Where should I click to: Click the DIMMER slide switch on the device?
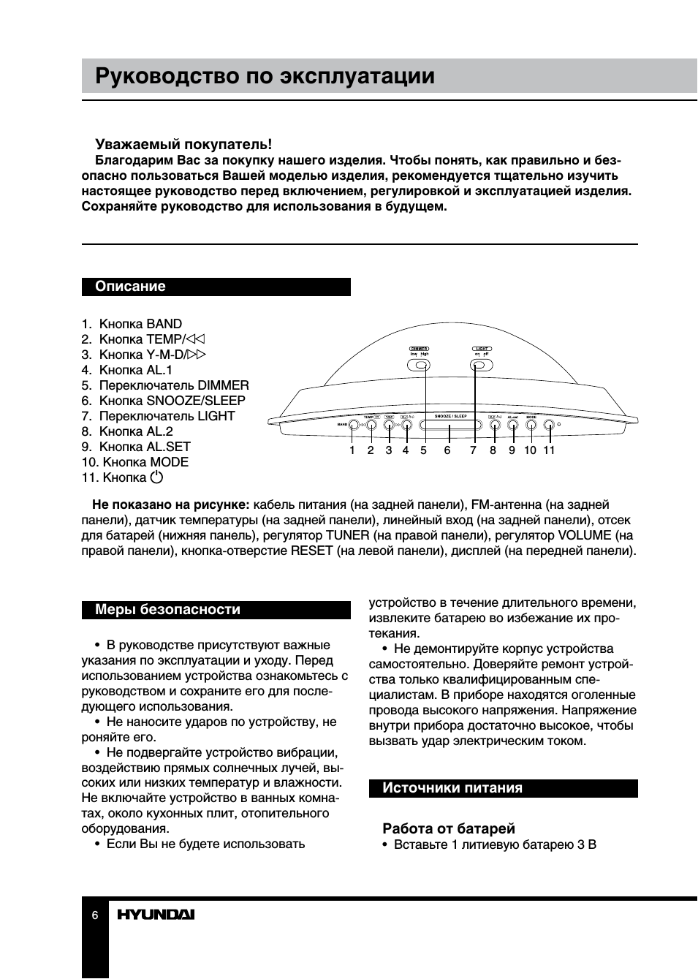coord(419,365)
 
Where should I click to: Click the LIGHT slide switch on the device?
coord(481,365)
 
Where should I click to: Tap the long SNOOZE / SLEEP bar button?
coord(450,425)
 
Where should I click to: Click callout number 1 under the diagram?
coord(352,450)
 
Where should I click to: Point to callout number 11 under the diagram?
coord(549,450)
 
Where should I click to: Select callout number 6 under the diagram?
coord(447,450)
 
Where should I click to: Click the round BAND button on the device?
coord(353,425)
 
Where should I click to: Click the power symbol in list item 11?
coord(156,477)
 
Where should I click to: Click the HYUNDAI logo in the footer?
coord(156,915)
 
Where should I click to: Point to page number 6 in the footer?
coord(95,915)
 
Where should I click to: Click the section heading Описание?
coord(130,287)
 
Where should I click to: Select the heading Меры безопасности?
coord(167,610)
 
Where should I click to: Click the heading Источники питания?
coord(452,788)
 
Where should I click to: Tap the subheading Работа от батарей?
coord(449,828)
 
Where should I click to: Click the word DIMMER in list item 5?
coord(223,385)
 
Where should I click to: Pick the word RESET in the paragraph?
coord(312,551)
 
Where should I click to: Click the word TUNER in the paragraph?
coord(348,535)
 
